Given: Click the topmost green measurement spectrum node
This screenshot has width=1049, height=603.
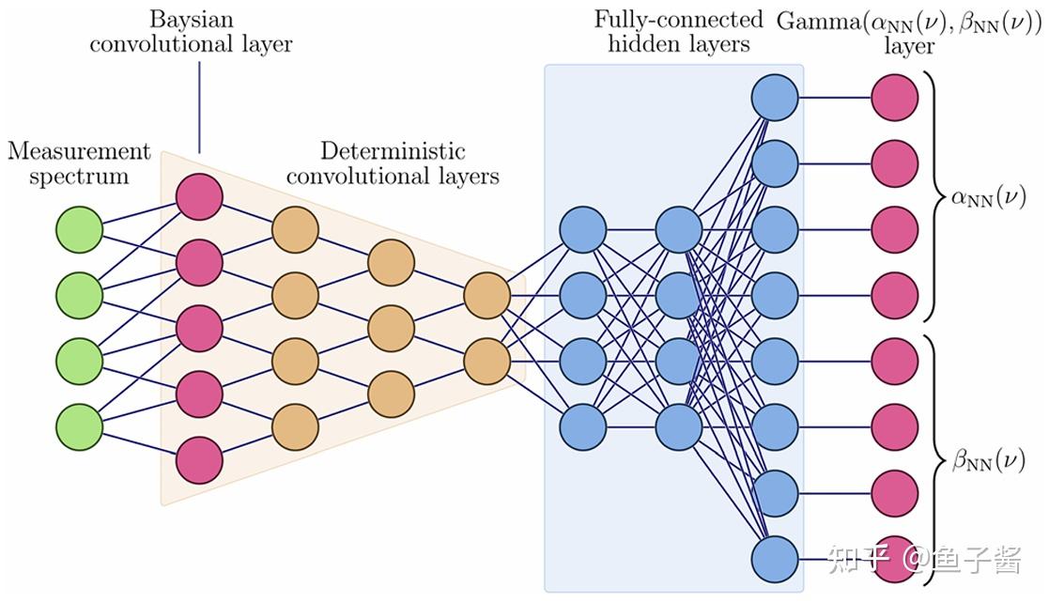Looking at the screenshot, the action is pos(79,229).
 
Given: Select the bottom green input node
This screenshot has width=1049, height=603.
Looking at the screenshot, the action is pos(79,427).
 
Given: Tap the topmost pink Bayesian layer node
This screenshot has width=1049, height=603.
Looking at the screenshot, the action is pos(199,196).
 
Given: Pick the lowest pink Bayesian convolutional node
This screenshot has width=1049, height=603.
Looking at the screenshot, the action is pos(199,460).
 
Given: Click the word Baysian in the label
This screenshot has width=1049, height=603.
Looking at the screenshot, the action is pos(192,20).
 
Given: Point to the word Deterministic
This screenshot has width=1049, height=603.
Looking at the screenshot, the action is pos(393,150).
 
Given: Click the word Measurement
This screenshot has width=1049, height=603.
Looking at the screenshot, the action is pos(79,150).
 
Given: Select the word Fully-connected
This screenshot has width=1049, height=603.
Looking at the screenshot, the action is pos(678,20).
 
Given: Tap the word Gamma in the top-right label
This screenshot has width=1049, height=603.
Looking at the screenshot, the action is pos(819,22).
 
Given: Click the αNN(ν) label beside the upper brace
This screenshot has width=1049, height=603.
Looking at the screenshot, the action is pos(988,197).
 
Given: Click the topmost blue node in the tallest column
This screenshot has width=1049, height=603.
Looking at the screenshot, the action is pos(775,98).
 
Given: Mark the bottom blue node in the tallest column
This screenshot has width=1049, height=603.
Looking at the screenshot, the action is pos(775,560).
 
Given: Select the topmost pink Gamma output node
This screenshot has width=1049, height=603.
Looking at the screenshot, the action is pos(894,98).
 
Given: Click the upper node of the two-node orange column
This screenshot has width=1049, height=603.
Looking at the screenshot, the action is pos(487,295).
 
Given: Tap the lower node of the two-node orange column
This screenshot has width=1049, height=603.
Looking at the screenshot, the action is pos(487,362).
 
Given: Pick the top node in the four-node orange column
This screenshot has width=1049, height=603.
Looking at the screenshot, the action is pos(295,229).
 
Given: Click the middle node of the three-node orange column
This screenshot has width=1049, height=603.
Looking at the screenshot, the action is pos(392,329).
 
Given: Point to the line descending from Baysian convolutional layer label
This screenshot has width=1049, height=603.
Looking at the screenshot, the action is pos(199,108).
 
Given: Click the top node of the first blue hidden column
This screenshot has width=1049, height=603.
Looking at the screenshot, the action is pos(582,229).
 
